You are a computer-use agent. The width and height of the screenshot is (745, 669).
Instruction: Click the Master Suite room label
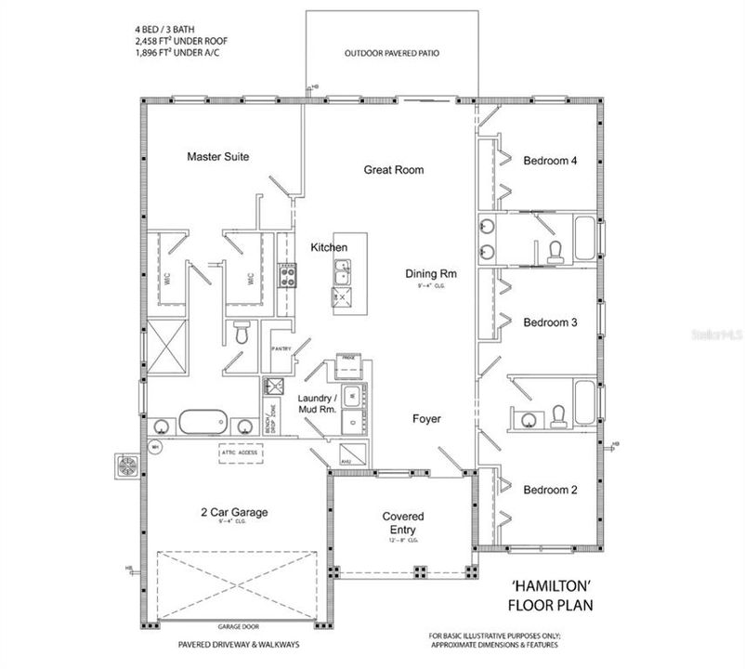point(217,157)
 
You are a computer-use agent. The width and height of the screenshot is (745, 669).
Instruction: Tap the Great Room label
point(393,170)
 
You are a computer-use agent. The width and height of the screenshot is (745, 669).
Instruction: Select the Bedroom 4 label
point(551,161)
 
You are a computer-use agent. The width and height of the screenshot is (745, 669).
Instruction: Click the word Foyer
point(426,419)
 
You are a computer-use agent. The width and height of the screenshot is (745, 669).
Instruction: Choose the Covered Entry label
point(403,522)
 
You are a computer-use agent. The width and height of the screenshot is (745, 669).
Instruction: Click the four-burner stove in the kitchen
point(287,274)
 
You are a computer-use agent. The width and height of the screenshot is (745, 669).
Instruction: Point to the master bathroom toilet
point(241,331)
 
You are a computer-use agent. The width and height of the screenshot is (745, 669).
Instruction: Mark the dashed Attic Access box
point(241,453)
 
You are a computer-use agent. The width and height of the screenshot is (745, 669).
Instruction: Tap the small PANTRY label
point(281,348)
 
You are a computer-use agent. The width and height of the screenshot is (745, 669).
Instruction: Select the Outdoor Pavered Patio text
point(392,54)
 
